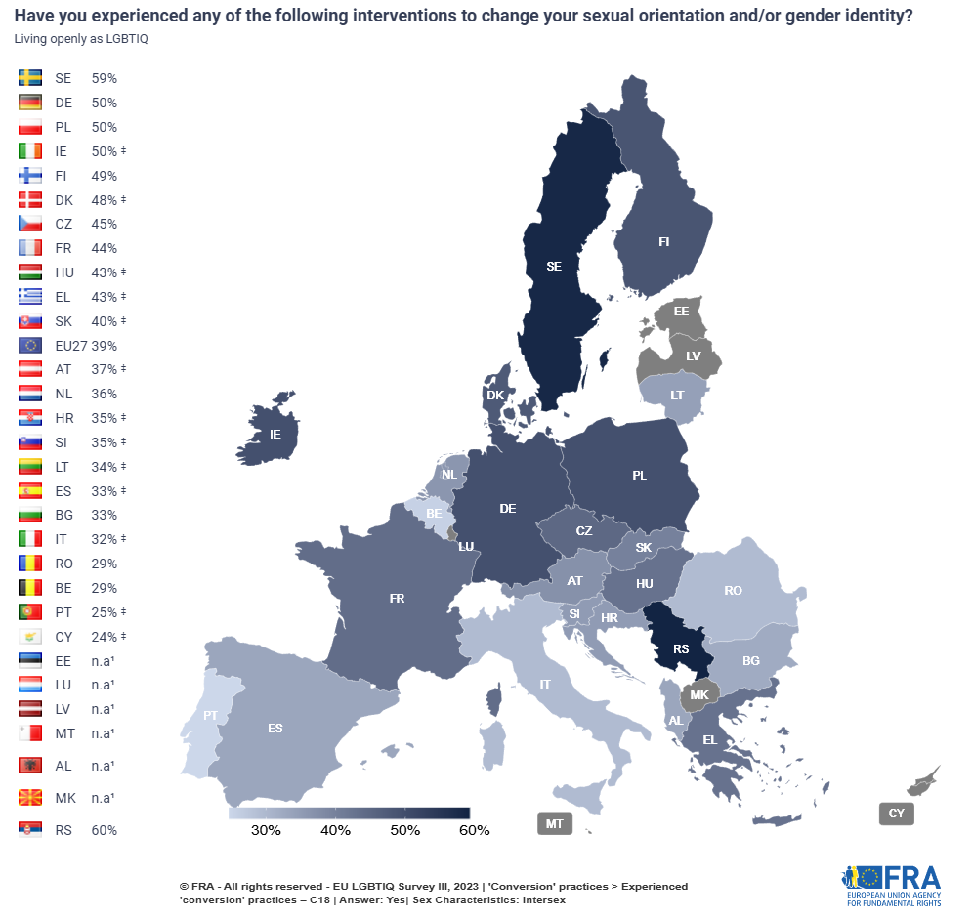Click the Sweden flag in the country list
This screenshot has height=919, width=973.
coord(29,78)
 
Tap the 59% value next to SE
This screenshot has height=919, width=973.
coord(105,78)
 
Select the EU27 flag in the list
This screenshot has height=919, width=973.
coord(29,345)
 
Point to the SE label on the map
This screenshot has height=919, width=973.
coord(554,266)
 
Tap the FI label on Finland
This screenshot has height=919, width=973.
coord(663,242)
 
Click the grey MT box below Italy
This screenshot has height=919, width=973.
coord(554,823)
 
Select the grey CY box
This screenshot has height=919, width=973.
coord(896,813)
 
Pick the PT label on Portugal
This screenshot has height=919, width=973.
coord(210,715)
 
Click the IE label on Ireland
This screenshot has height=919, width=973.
coord(275,432)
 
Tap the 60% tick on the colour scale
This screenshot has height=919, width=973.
coord(474,831)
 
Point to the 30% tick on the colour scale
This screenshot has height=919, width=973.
coord(266,831)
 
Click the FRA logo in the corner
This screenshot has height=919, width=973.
coord(891,884)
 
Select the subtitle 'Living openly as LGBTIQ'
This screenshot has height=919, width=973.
coord(73,37)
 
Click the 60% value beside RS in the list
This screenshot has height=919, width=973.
coord(105,830)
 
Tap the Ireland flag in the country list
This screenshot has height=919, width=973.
coord(29,151)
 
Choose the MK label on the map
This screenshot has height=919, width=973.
coord(699,695)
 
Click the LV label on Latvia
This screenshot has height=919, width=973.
coord(693,356)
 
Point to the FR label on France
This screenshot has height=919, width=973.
coord(397,598)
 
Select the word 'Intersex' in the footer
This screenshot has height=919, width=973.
coord(543,899)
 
